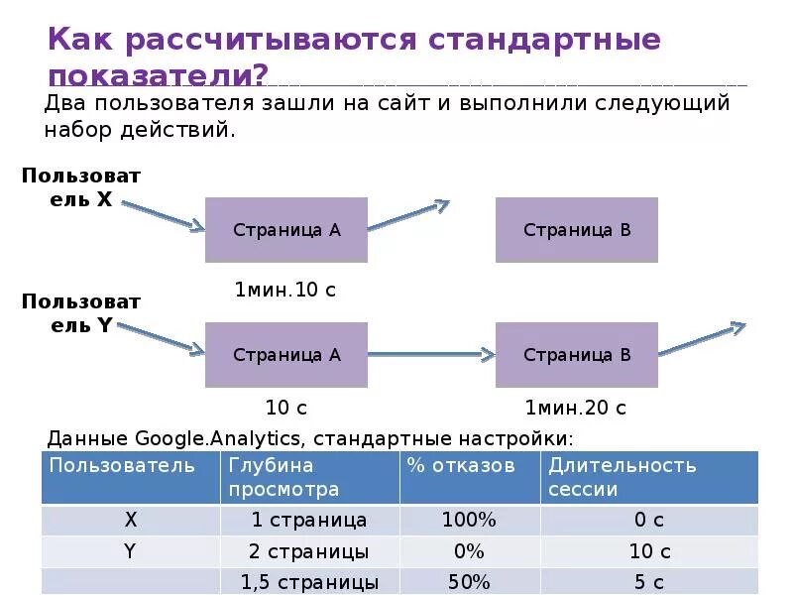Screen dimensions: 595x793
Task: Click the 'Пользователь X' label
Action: tap(81, 186)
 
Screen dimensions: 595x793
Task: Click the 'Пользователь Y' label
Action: tap(81, 312)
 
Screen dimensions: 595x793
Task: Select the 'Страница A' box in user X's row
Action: tap(286, 230)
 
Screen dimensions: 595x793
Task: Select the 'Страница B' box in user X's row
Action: tap(577, 230)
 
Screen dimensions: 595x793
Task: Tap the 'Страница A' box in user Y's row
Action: tap(286, 355)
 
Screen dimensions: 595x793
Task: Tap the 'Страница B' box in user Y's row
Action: tap(577, 355)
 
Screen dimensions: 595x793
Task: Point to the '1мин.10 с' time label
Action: tap(285, 290)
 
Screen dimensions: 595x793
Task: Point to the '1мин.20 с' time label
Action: tap(576, 408)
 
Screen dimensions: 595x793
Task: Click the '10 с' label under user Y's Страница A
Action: tap(285, 408)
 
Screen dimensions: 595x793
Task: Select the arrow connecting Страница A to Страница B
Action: tap(431, 354)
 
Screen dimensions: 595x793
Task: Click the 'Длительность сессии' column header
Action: tap(623, 477)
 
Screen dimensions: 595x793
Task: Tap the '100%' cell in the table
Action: tap(470, 520)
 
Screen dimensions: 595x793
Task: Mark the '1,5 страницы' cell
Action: tap(309, 582)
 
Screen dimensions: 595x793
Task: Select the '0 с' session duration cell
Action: tap(649, 520)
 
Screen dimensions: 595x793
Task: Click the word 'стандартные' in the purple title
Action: tap(545, 41)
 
